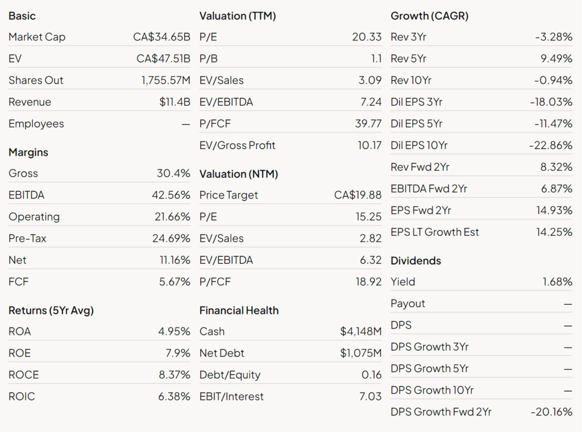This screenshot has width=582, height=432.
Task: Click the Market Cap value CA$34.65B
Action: (161, 37)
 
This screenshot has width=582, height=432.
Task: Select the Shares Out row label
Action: (36, 81)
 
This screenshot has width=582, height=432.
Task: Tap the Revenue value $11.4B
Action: (174, 102)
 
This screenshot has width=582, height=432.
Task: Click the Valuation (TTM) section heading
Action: (238, 16)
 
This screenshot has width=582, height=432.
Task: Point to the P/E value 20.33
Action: (367, 37)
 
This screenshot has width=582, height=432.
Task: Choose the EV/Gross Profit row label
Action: (237, 146)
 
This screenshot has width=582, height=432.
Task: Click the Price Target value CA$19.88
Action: (358, 195)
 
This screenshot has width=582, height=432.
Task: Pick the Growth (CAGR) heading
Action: (430, 16)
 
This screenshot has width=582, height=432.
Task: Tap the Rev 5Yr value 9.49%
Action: (556, 59)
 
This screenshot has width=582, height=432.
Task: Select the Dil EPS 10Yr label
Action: (419, 146)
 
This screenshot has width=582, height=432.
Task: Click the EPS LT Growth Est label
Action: (435, 232)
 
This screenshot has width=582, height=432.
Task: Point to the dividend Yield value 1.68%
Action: (558, 282)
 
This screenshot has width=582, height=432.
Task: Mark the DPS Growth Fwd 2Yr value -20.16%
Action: (551, 412)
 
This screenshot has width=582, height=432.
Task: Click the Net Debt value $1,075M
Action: (361, 353)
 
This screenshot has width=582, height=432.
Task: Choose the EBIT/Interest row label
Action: (231, 397)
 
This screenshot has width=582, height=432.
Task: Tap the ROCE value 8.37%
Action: (174, 375)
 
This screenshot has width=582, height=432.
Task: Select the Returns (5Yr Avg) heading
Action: (51, 310)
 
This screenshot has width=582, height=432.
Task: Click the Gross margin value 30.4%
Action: (173, 173)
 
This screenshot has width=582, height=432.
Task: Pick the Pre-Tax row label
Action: (27, 238)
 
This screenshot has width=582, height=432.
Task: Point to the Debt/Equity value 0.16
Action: (372, 375)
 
